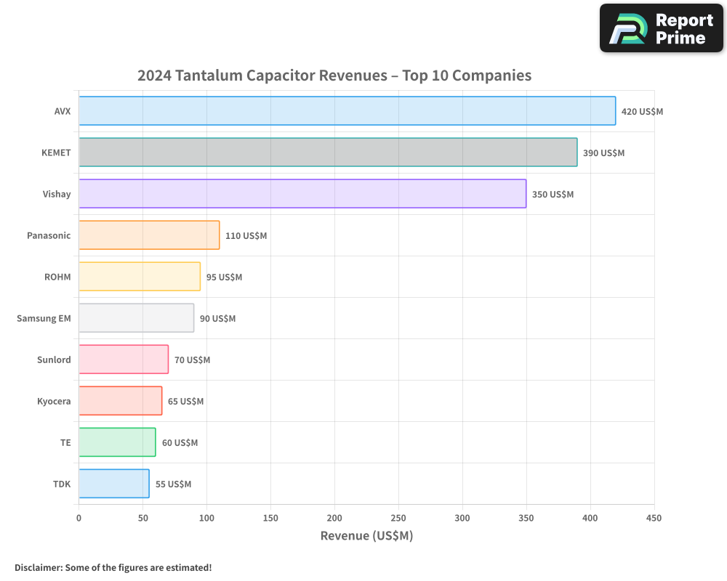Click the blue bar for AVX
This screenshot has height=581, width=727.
(347, 111)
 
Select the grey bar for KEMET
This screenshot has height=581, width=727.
(328, 153)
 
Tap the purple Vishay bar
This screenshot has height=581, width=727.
(302, 194)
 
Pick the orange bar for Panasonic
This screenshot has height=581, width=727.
(149, 235)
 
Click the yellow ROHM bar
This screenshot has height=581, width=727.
(140, 277)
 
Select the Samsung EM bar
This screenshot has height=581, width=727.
(136, 318)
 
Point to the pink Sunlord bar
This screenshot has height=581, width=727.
(124, 359)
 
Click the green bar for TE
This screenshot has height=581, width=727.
(117, 442)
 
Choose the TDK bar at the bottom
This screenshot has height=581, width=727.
(114, 484)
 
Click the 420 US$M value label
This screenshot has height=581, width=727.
(642, 112)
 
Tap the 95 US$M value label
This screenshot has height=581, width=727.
(224, 277)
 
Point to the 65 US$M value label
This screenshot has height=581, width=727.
(185, 402)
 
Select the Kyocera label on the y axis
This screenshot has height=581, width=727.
(54, 401)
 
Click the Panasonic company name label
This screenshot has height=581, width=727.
(49, 235)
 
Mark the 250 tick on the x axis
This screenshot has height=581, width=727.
(398, 518)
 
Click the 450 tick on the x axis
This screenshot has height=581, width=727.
(654, 518)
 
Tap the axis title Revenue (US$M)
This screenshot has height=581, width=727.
(366, 536)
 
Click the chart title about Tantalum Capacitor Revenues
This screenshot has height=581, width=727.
(334, 76)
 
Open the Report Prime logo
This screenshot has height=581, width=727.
(661, 28)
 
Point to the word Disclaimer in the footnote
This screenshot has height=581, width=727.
(38, 568)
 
